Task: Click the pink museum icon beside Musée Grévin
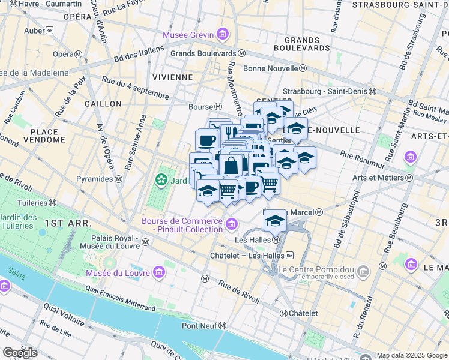coord(223,34)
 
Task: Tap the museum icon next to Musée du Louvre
coord(159,274)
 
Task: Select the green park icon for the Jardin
coord(161,179)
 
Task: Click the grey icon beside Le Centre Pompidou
coord(363,273)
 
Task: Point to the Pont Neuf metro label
coord(204,326)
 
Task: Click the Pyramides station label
coord(99,179)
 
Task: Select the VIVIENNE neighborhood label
coord(172,77)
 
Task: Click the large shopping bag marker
coord(232,164)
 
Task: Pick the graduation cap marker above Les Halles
coord(276,220)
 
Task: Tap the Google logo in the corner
coord(20,352)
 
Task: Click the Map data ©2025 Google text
coord(412,355)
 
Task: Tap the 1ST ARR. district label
coord(68,223)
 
